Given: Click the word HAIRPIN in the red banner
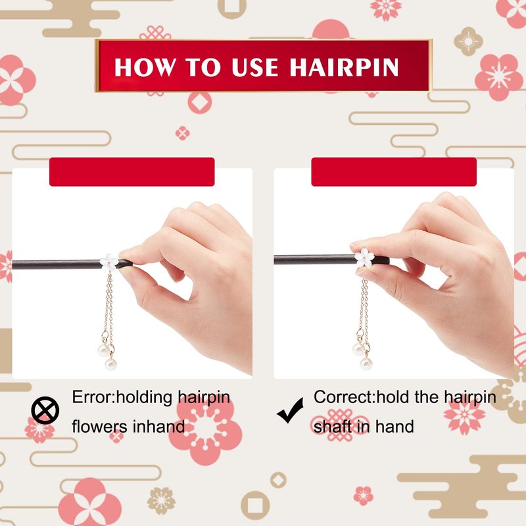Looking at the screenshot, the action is pos(344,68).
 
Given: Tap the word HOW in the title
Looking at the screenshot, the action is pos(145,68).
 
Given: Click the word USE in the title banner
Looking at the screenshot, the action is pos(255,68).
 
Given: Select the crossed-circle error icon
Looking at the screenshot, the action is pos(45,410).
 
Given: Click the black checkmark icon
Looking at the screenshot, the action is pos(290,410).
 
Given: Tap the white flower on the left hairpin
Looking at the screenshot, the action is pos(109,262).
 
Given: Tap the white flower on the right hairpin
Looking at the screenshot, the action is pos(364,258).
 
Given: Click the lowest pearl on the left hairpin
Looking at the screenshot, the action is pos(110,364).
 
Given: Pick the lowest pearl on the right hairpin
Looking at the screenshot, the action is pos(366,364).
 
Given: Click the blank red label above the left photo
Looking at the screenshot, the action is pos(132,172).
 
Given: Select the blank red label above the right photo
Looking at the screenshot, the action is pos(394,172).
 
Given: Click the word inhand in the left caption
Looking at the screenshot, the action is pos(159,427).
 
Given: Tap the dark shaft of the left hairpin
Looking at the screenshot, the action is pos(57,264).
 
